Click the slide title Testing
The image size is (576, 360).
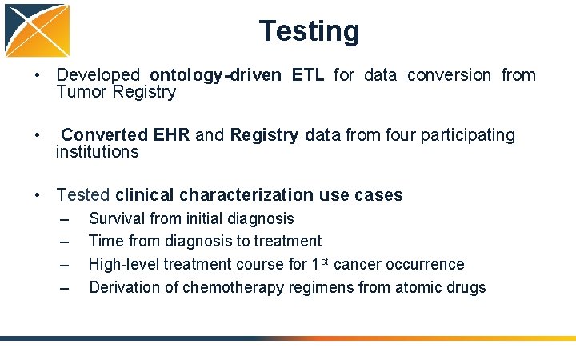(309, 31)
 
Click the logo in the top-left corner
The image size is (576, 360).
(37, 31)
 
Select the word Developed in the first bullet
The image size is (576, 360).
(98, 75)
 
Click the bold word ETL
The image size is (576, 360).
(308, 75)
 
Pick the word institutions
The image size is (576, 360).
(97, 152)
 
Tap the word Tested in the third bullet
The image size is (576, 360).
(83, 195)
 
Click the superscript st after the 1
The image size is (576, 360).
(321, 261)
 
